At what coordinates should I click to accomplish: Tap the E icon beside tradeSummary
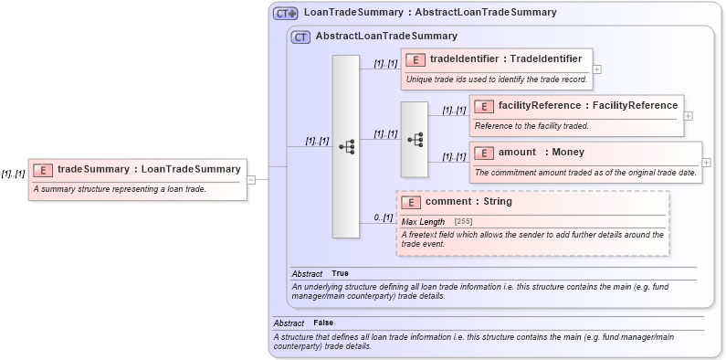coord(42,169)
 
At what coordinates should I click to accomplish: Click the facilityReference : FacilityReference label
coord(575,106)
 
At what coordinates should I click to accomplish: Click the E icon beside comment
coord(411,202)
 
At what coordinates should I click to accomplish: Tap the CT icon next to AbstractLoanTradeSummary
coord(300,37)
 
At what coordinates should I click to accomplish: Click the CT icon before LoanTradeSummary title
coord(287,14)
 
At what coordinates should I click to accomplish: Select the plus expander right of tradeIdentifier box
coord(597,69)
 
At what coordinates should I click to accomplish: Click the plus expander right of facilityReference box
coord(689,115)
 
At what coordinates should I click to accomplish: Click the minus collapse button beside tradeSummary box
coord(251,179)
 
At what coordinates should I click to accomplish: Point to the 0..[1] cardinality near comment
coord(384,217)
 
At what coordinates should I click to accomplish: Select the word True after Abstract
coord(340,273)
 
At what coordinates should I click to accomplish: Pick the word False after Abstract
coord(322,323)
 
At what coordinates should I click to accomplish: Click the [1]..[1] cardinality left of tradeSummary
coord(13,173)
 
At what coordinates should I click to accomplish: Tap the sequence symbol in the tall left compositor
coord(346,146)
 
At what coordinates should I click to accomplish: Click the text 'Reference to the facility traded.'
coord(531,125)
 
